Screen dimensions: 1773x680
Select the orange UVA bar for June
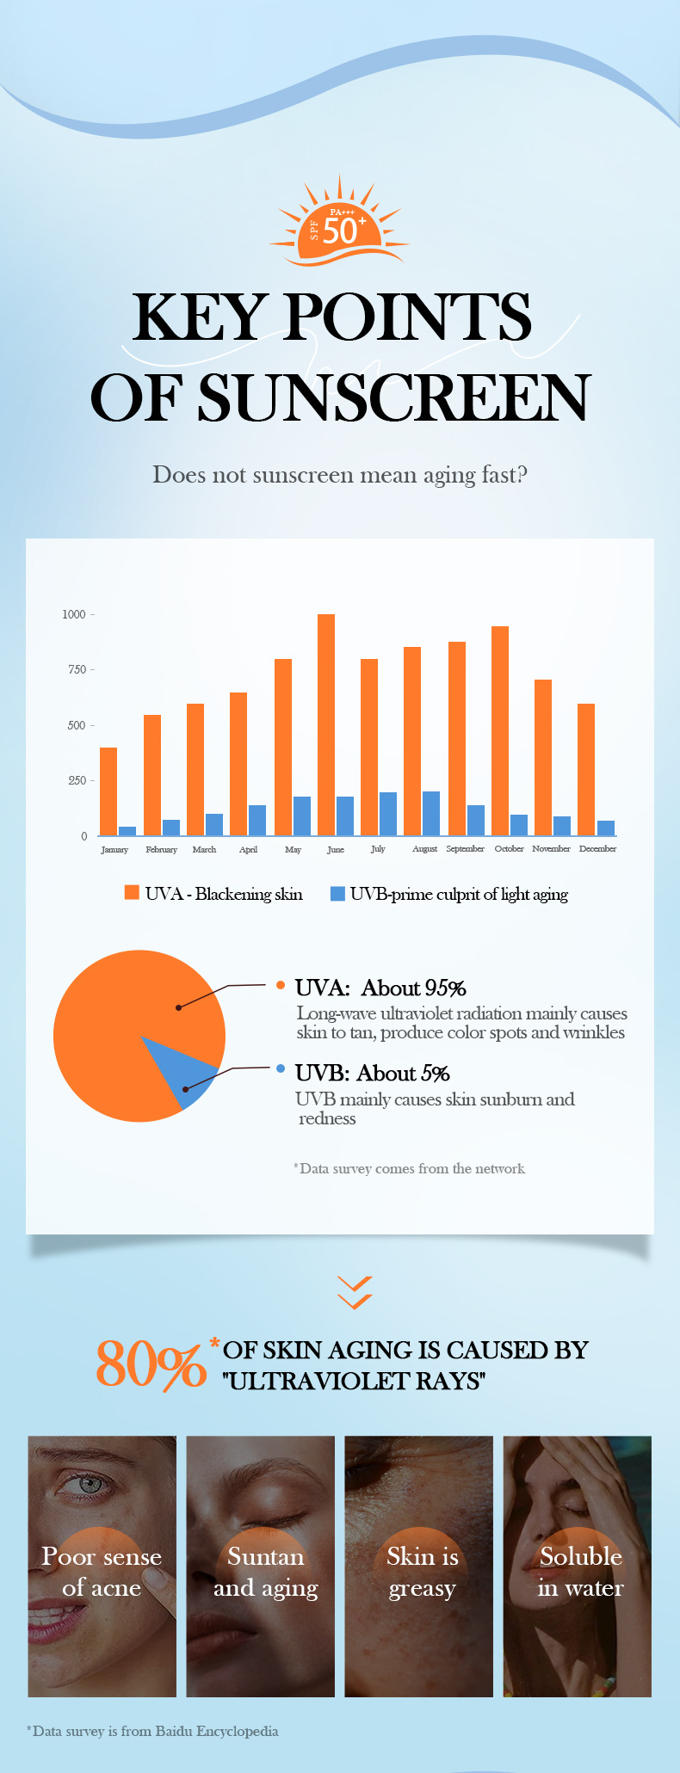(x=326, y=724)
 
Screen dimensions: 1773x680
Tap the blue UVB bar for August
(x=431, y=813)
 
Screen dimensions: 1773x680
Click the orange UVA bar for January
(x=108, y=791)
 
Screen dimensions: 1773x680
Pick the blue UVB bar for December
(x=606, y=828)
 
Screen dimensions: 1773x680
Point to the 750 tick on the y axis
(x=78, y=669)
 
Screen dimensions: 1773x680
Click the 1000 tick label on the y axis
(x=74, y=614)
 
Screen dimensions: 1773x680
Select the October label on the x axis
(x=509, y=849)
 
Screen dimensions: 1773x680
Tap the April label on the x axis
(x=248, y=849)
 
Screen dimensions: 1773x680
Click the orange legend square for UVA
(x=132, y=892)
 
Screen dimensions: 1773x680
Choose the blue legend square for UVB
(x=338, y=893)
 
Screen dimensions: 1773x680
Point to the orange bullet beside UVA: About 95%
(x=281, y=985)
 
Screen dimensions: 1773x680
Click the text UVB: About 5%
(x=372, y=1073)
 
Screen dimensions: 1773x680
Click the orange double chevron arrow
(x=355, y=1292)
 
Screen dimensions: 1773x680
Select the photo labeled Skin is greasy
(x=419, y=1566)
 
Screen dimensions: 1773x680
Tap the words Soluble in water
(x=580, y=1572)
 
